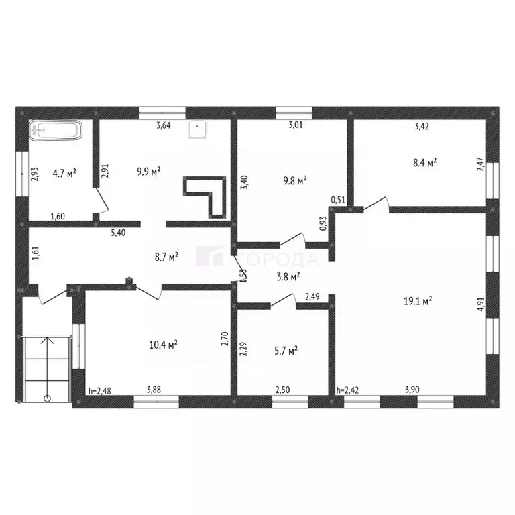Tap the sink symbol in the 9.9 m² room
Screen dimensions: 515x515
click(196, 127)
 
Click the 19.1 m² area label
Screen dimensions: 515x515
click(417, 301)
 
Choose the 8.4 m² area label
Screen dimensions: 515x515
click(424, 162)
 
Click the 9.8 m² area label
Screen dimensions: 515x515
click(294, 180)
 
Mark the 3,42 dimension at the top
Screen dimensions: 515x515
click(422, 125)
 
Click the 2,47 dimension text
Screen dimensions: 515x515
click(480, 164)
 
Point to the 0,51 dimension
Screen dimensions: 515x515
click(339, 199)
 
